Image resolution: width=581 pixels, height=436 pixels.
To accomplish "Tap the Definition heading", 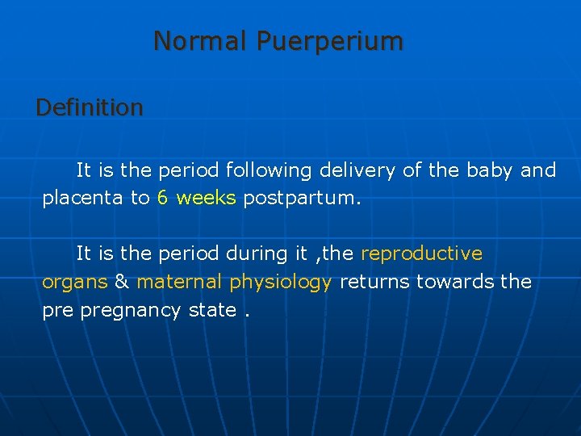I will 90,107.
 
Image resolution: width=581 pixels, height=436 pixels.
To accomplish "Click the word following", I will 270,171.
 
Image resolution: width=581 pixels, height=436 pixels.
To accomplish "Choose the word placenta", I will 82,199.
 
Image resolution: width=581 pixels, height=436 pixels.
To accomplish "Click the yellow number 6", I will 163,198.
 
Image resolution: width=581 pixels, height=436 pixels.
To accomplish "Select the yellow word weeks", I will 206,198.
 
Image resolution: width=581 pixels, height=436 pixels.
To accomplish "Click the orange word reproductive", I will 421,254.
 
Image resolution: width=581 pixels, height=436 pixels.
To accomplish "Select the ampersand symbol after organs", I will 122,282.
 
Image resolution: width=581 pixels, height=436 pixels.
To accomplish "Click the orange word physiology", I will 280,283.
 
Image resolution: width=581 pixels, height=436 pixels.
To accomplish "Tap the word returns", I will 375,282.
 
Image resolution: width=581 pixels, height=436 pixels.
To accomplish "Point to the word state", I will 215,310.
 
